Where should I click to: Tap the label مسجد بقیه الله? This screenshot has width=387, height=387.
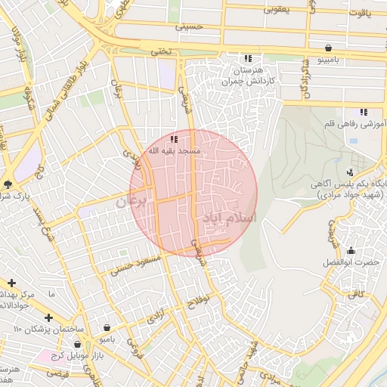point(174,151)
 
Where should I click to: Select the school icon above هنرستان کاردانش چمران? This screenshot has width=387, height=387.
point(247,58)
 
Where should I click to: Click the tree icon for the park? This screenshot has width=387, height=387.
point(8,184)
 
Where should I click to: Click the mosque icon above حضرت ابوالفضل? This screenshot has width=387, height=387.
point(350,250)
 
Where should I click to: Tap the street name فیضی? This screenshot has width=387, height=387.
point(57,373)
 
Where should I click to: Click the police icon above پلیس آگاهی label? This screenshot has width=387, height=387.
point(348,172)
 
